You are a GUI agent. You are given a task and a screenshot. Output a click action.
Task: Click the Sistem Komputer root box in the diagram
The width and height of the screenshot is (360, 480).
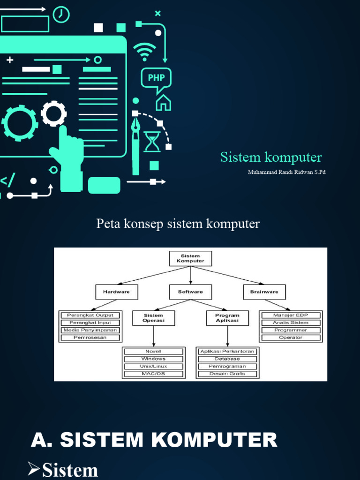click(190, 258)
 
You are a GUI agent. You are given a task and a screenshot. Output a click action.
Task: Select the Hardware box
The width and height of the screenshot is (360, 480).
click(116, 292)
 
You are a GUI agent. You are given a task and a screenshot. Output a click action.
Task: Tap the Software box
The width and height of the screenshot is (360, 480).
click(190, 292)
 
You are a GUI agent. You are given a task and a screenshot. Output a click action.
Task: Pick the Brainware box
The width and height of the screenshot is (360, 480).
click(264, 292)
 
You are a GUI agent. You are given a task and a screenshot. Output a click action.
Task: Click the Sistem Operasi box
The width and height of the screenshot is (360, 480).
click(153, 318)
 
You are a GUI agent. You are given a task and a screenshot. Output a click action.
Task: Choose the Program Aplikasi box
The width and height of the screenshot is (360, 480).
click(227, 318)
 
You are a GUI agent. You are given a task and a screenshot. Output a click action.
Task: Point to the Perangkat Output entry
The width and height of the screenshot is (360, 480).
click(90, 315)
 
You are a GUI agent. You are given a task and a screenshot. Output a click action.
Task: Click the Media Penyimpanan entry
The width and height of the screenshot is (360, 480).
click(90, 330)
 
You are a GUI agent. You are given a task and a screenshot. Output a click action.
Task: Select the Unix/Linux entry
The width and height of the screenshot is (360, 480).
click(153, 366)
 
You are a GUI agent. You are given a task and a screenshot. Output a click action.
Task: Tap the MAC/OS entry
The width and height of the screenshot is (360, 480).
click(153, 374)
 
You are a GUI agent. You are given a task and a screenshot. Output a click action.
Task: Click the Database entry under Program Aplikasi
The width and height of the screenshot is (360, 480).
click(227, 359)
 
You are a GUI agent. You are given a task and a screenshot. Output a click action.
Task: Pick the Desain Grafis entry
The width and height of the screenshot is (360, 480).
click(227, 374)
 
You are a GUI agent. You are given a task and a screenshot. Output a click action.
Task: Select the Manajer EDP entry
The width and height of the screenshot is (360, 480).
click(291, 315)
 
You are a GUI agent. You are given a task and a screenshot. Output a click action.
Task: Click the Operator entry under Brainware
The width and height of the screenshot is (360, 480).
click(291, 337)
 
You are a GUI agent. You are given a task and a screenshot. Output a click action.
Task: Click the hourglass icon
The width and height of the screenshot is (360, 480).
click(152, 142)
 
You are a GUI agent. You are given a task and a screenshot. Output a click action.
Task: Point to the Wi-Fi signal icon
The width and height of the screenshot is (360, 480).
click(145, 51)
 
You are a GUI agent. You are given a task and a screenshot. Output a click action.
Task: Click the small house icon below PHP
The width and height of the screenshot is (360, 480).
click(163, 102)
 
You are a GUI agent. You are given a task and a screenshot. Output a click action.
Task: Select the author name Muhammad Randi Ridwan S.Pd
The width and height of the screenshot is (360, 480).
click(286, 172)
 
